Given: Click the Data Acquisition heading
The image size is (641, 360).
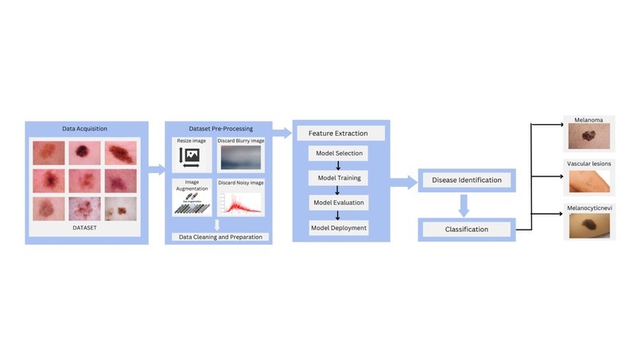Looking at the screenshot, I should (85, 128).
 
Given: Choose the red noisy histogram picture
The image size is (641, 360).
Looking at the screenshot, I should (241, 203).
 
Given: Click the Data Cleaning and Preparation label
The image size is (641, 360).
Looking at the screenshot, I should (219, 237).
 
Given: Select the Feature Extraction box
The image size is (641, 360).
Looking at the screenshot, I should (340, 134).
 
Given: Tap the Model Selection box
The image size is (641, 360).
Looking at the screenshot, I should (339, 153).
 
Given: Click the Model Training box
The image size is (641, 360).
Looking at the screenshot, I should (339, 178).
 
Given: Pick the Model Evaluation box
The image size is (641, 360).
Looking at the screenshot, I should (339, 203).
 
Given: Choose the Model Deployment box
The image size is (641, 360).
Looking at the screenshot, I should (339, 227).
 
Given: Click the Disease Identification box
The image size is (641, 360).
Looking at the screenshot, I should (467, 180).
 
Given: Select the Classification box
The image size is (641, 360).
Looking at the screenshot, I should (466, 230).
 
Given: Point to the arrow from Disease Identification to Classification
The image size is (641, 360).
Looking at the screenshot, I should (465, 205).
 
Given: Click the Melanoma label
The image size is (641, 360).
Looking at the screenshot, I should (589, 121).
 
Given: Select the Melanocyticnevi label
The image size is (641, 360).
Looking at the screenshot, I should (589, 207).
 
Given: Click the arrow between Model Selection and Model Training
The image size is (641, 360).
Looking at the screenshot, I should (340, 165).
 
